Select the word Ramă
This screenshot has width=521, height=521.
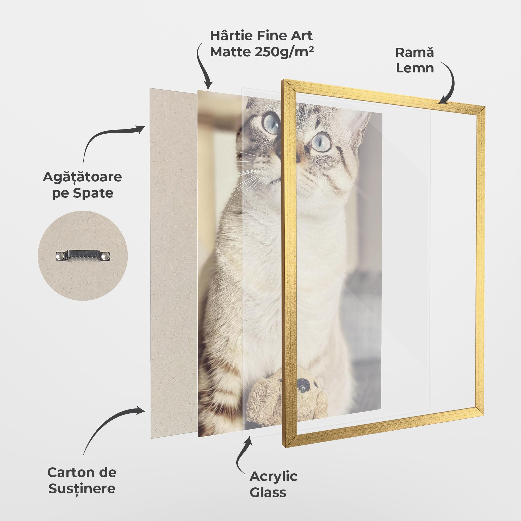click(x=414, y=53)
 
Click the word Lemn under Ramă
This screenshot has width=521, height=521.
click(x=415, y=68)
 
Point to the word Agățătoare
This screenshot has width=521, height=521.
click(x=82, y=177)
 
